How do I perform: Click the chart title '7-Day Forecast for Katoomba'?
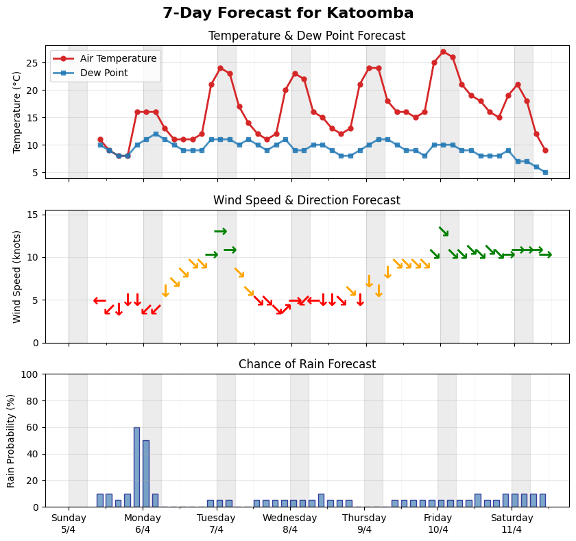coord(288,13)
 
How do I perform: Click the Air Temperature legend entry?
coord(106,58)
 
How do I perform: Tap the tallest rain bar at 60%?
coord(136,467)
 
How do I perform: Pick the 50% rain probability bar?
coord(145,474)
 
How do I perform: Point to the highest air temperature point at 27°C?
coord(443,51)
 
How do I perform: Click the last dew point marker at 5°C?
coord(545,172)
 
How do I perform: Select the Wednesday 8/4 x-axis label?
coord(290,524)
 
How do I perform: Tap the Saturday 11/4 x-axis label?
coord(512,524)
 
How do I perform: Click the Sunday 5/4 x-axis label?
coord(69,524)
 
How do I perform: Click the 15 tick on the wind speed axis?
coord(33,215)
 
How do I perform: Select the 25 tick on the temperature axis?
coord(33,62)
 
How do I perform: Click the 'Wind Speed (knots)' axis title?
coord(18,276)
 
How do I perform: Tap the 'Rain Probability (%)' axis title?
coord(12,440)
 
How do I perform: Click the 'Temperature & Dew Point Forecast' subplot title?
coord(307,36)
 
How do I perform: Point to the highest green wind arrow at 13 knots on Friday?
coord(444,232)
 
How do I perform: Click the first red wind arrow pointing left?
coord(99,300)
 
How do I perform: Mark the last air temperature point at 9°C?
coord(545,150)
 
